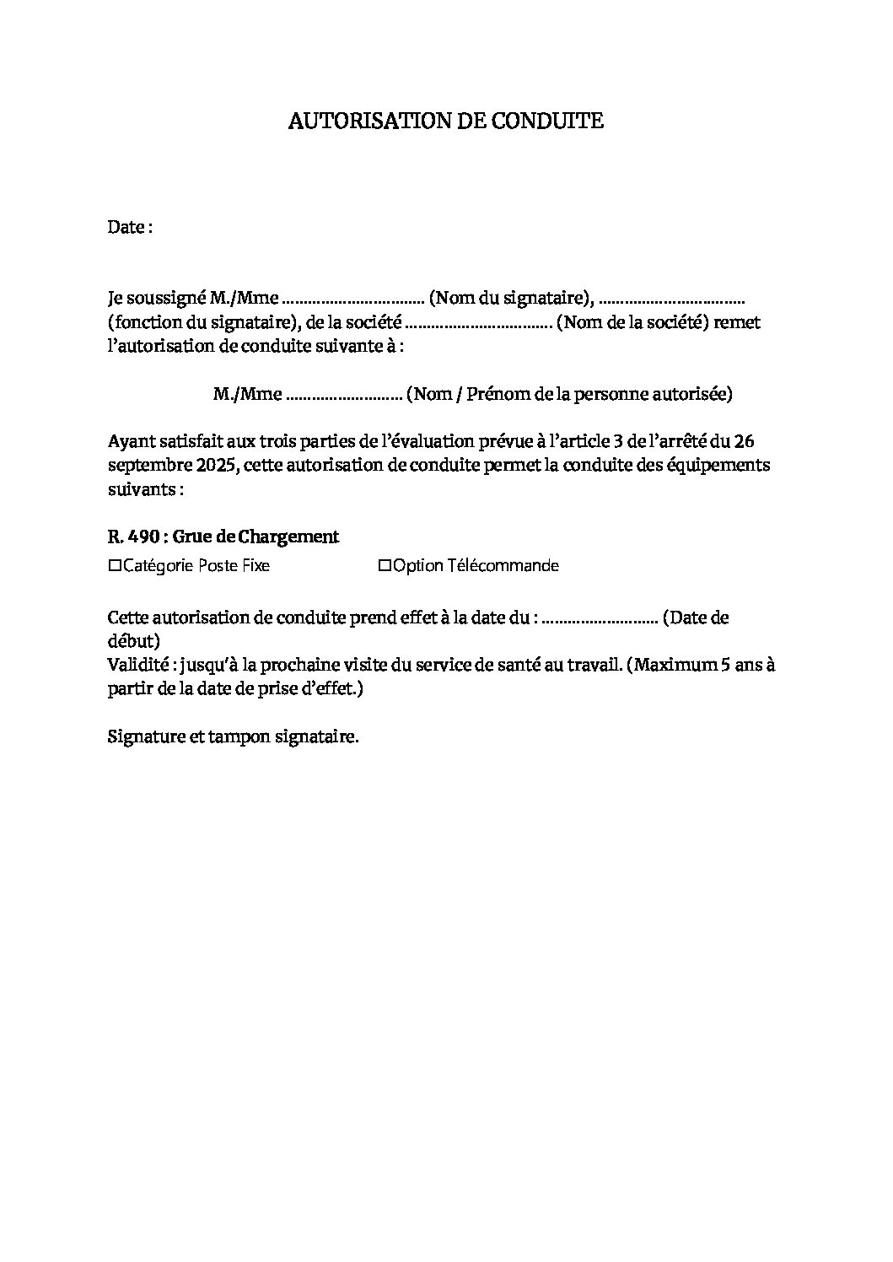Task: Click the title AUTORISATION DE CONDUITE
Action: click(446, 121)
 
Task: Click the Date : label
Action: click(130, 227)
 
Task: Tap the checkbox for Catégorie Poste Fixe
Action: click(115, 566)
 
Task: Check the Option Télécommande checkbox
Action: click(385, 566)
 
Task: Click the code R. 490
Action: click(133, 537)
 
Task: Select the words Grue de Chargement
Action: click(261, 537)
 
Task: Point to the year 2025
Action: click(203, 466)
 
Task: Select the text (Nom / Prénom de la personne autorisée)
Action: click(569, 393)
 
